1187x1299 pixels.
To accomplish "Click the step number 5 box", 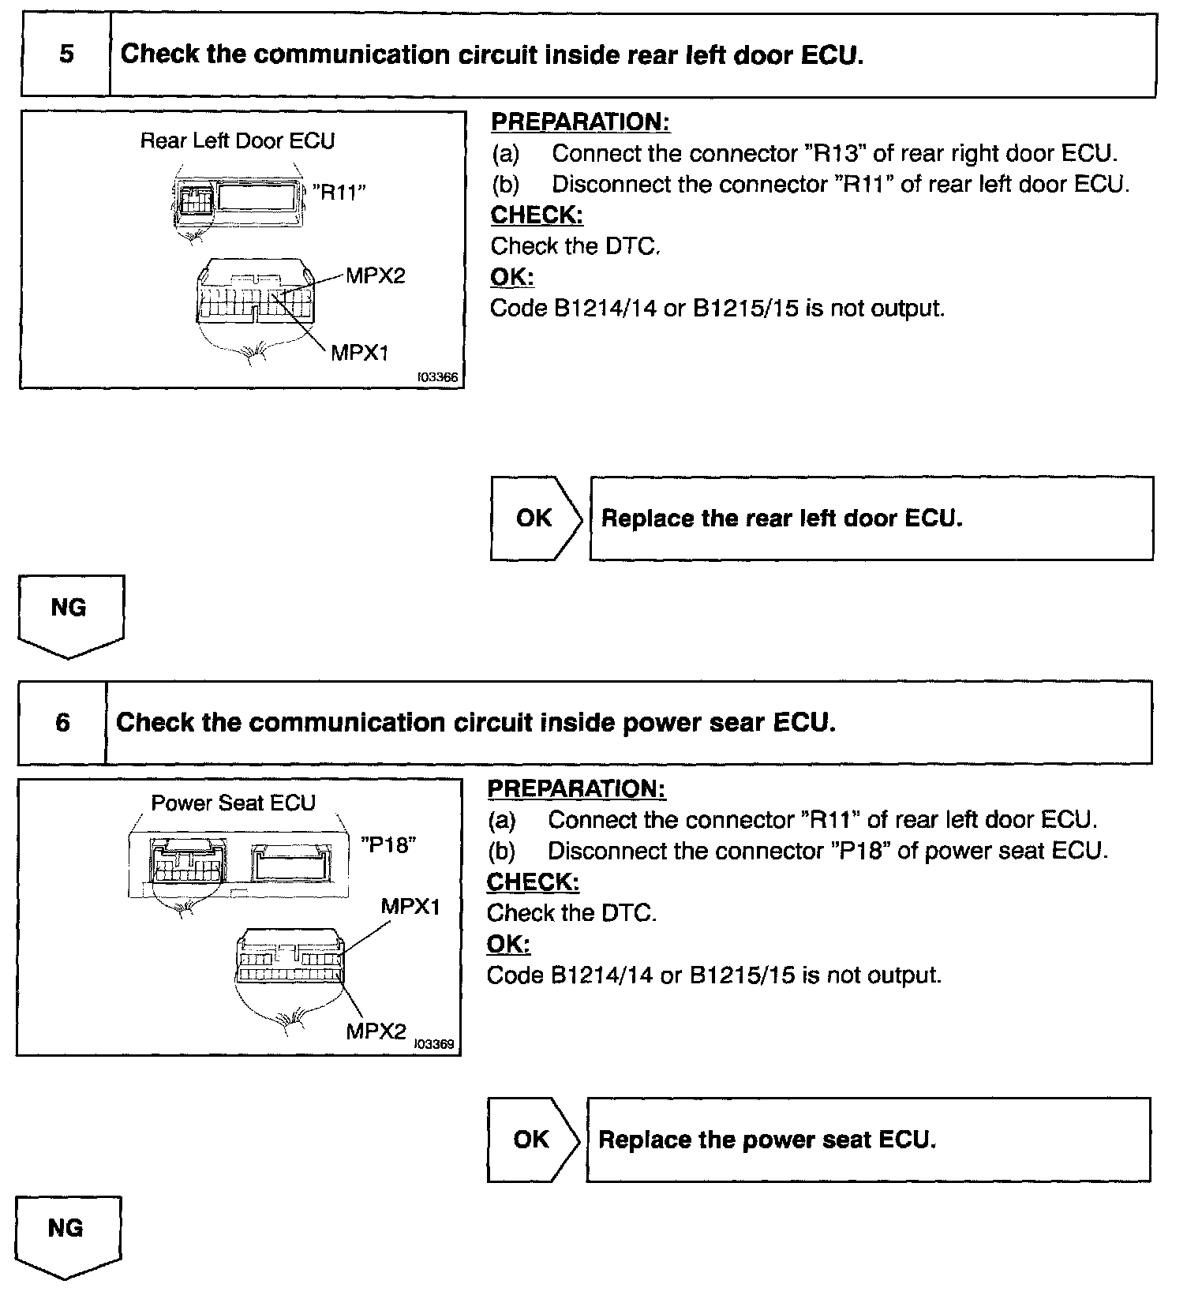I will [66, 54].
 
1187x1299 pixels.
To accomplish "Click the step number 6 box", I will [62, 722].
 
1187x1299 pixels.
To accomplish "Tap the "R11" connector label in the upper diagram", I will [339, 192].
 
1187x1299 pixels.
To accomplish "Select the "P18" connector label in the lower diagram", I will [388, 844].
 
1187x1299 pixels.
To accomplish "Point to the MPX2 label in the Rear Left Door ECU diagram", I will [375, 275].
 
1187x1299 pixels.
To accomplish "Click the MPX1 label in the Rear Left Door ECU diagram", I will [360, 352].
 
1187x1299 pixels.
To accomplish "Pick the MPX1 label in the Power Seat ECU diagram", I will [410, 906].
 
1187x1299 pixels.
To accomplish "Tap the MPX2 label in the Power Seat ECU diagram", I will [376, 1031].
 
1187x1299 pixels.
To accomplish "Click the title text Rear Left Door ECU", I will [238, 141].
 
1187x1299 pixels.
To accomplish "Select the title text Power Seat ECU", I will [233, 803].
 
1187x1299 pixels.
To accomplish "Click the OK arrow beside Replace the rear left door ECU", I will [535, 518].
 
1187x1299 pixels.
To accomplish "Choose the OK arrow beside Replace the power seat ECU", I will [532, 1139].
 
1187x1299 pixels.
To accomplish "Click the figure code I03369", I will [435, 1044].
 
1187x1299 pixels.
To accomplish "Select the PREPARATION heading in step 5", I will [580, 122].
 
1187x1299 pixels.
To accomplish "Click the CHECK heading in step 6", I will [533, 882].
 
